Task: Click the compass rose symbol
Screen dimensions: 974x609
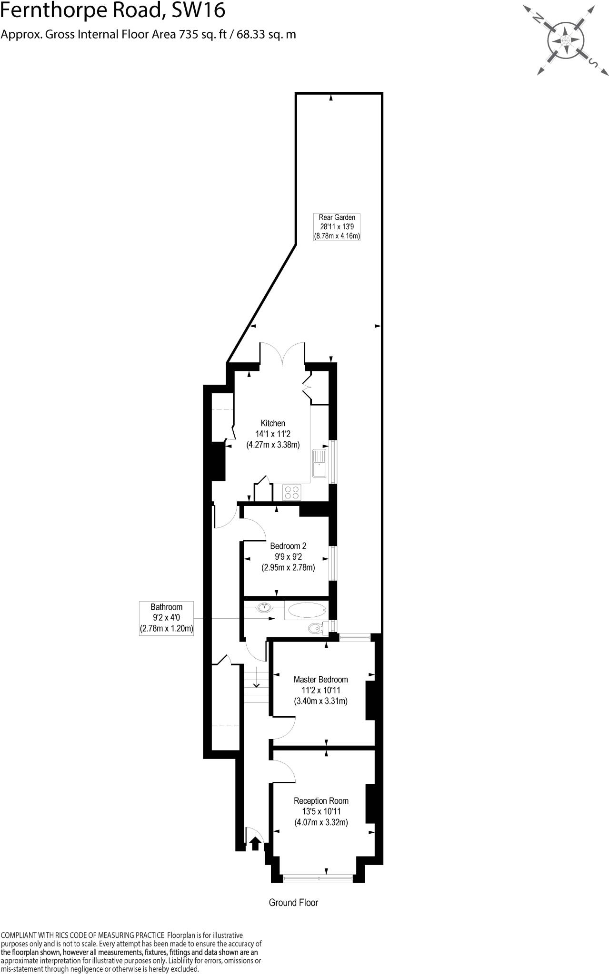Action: point(566,41)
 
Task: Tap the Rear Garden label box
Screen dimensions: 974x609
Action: point(337,227)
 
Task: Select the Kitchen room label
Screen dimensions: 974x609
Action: point(273,434)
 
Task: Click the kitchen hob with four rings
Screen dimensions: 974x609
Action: point(292,492)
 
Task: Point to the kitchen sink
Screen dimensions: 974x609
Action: point(319,463)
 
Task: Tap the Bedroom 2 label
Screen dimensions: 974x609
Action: point(288,556)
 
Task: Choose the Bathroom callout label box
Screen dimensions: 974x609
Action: point(166,618)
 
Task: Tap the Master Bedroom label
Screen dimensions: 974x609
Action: point(320,690)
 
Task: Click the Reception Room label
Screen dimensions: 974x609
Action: point(321,811)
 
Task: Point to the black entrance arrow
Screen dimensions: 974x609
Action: point(255,843)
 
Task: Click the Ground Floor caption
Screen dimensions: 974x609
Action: point(293,903)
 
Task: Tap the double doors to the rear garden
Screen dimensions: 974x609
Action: point(282,354)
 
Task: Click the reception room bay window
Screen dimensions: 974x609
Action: point(318,878)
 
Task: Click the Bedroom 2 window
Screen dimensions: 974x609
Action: point(333,563)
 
